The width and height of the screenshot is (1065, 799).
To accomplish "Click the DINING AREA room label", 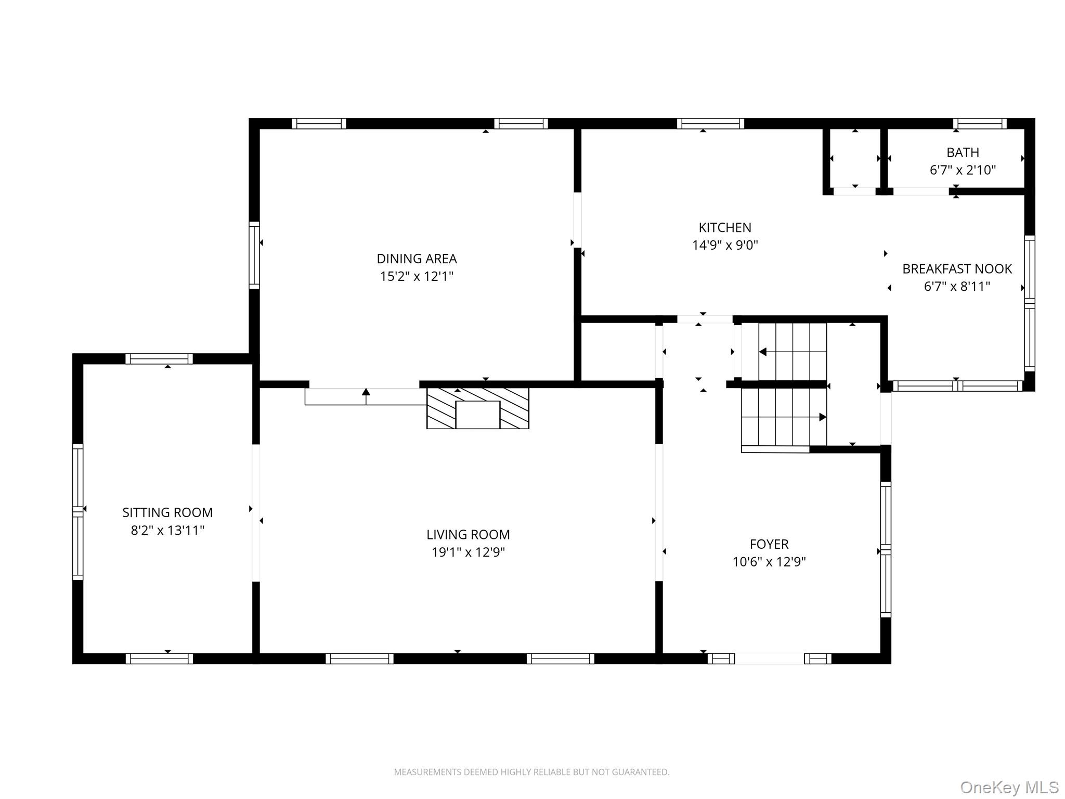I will click(417, 259).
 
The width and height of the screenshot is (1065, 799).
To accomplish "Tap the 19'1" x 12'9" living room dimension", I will click(468, 552).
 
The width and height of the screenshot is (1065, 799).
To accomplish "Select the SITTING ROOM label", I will click(167, 512).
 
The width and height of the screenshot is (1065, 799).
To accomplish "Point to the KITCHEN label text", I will click(724, 227).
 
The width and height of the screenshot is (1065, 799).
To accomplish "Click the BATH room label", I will click(963, 152).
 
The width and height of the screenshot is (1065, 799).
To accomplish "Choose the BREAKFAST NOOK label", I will click(956, 269).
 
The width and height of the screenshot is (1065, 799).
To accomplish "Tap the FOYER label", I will click(769, 544).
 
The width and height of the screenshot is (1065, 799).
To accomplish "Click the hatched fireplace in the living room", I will click(477, 408).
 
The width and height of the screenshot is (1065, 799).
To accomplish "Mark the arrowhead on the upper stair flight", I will click(763, 352).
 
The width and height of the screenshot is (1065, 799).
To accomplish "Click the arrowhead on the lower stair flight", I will click(823, 417).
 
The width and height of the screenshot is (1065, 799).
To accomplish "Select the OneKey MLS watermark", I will click(1009, 788).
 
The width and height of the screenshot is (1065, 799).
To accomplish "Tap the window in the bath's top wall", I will click(979, 124).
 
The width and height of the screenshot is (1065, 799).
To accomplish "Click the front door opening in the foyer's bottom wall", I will click(769, 659).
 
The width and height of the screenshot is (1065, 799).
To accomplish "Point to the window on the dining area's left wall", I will click(254, 255).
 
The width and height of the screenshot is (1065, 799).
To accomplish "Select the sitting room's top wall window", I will click(159, 359).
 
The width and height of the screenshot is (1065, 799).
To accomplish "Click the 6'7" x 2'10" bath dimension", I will click(963, 170).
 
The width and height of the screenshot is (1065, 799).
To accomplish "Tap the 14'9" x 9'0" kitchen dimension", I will click(724, 245).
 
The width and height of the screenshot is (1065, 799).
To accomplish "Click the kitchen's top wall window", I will click(710, 124).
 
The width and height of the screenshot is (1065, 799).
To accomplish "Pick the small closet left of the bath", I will click(854, 159).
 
